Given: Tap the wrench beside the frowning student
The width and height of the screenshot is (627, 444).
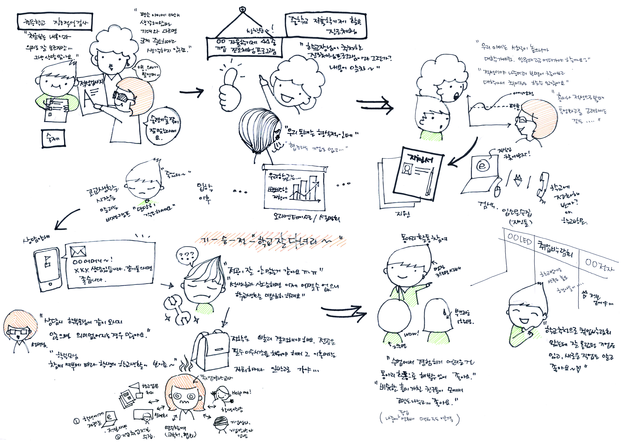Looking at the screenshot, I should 177,312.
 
